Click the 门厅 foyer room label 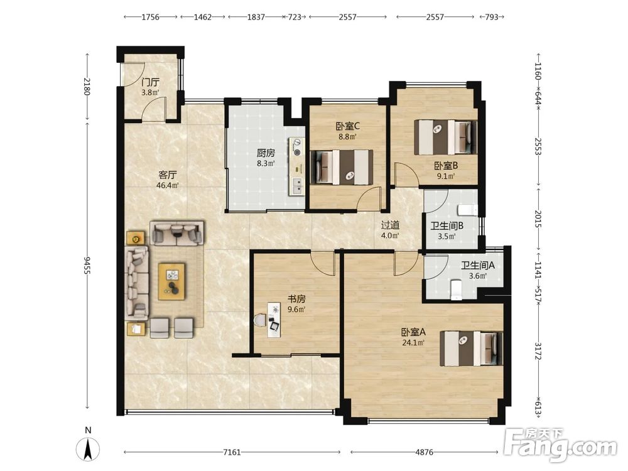(x=151, y=82)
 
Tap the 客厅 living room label (x=168, y=175)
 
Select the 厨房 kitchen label (x=266, y=153)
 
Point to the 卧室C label (x=348, y=127)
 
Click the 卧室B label (x=446, y=165)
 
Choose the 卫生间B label (x=447, y=226)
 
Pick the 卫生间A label (x=477, y=265)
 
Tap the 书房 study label (x=297, y=299)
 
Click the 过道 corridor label (x=390, y=225)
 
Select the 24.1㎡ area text (x=413, y=342)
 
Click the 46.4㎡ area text (x=168, y=185)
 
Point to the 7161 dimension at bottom (x=232, y=452)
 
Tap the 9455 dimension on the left (x=87, y=265)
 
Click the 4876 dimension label (x=424, y=452)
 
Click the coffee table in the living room (x=172, y=281)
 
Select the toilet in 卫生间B (x=468, y=210)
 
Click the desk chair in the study (x=261, y=320)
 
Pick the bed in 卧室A (x=471, y=348)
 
